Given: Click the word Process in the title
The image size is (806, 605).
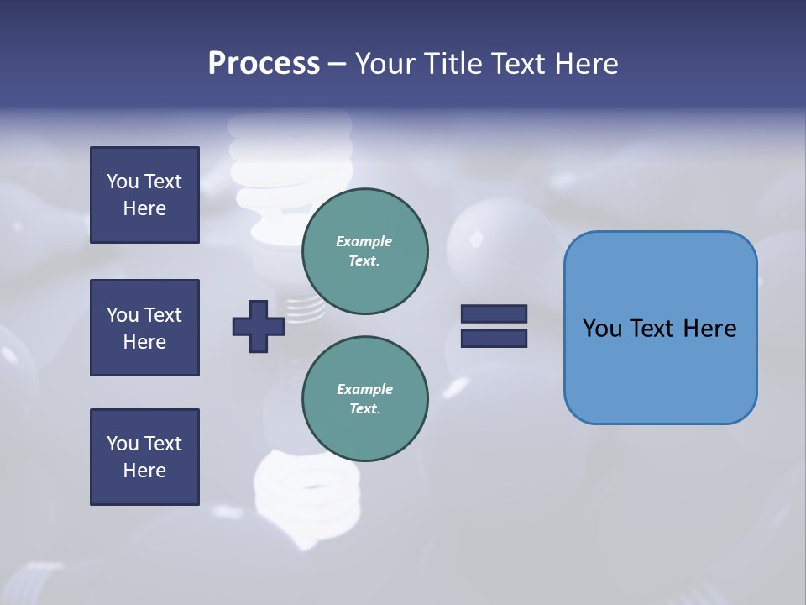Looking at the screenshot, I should (x=264, y=64).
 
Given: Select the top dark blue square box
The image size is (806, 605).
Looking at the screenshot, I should (x=144, y=195).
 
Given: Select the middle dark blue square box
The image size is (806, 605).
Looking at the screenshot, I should (x=144, y=328).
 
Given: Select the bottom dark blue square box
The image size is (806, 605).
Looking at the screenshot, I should (x=144, y=457).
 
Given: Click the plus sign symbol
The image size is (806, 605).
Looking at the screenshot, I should (x=258, y=326).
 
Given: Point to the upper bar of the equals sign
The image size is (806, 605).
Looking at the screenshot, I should (x=494, y=313).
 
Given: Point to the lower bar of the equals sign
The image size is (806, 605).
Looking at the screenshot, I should (x=494, y=339).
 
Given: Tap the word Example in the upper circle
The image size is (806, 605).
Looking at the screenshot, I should (x=364, y=241).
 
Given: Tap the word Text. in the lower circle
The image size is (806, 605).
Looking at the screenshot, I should (x=364, y=408).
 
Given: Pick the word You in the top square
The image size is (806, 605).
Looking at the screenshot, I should (x=123, y=181).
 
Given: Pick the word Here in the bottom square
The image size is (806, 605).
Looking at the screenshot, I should (x=144, y=471).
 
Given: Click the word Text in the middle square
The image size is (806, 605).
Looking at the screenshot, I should (x=163, y=315).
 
